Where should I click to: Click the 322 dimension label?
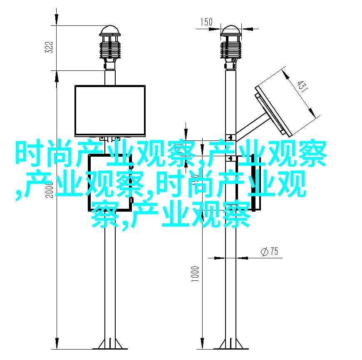(x=49, y=47)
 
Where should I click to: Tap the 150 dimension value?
(x=206, y=22)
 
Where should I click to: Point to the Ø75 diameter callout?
(x=269, y=251)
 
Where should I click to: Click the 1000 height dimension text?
(x=195, y=274)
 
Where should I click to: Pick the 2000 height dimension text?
(x=49, y=190)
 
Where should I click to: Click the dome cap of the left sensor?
(x=110, y=31)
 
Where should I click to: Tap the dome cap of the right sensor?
(x=231, y=31)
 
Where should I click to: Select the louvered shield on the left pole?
(x=110, y=50)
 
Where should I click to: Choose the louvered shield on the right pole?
(x=231, y=50)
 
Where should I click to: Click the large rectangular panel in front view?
(x=110, y=111)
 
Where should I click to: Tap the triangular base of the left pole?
(x=110, y=344)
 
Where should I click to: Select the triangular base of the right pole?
(x=231, y=344)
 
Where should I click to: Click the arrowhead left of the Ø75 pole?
(x=220, y=258)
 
